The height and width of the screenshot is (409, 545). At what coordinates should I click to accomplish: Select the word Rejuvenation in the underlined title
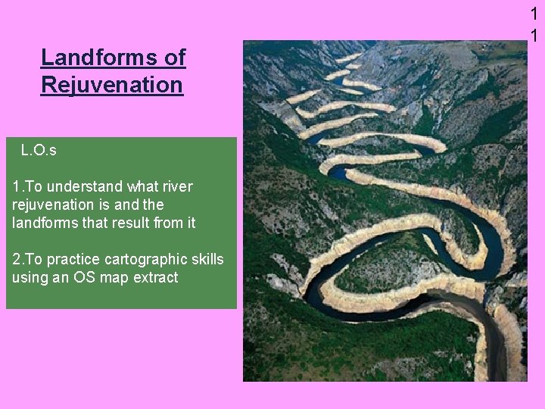tap(112, 85)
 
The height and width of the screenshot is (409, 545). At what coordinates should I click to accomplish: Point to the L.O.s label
tap(39, 151)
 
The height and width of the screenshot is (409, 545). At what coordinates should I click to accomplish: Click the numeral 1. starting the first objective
tap(17, 186)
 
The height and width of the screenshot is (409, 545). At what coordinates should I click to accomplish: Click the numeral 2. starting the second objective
tap(17, 259)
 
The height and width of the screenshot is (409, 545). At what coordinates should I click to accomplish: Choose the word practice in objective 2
tap(69, 259)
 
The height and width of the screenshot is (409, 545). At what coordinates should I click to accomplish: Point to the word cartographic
tap(142, 259)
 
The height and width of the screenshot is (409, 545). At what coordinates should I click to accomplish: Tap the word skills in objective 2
tap(205, 259)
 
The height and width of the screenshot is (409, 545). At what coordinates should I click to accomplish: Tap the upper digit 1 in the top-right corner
tap(534, 14)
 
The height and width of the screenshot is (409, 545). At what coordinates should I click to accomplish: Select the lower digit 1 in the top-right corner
tap(534, 36)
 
